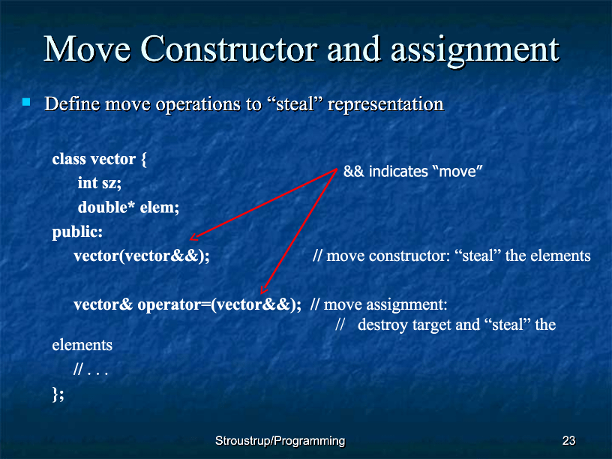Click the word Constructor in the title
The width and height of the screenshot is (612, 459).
229,49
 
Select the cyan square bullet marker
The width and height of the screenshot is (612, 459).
26,102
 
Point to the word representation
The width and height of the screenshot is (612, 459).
385,105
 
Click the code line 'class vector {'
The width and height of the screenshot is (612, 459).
100,159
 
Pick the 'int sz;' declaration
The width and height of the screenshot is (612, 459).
100,183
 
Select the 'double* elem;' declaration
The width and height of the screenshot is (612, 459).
128,207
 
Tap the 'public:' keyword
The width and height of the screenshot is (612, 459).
77,232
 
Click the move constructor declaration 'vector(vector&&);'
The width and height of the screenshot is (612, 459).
142,256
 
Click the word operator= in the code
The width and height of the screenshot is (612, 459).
174,304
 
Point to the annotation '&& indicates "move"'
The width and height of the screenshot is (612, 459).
413,171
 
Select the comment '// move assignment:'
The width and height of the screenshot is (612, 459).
379,304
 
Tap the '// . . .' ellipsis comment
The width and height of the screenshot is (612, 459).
91,369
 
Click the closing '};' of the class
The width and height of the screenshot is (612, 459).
58,394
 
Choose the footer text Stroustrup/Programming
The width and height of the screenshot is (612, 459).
280,441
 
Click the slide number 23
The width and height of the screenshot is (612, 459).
568,441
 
